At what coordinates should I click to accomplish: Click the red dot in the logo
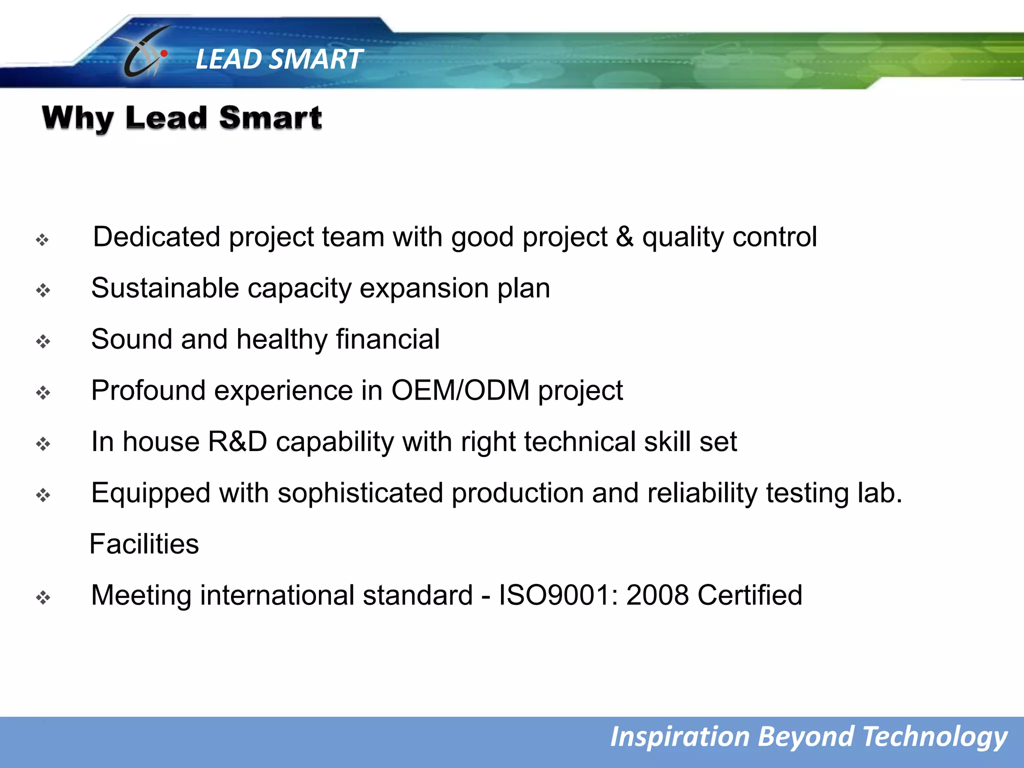(x=164, y=53)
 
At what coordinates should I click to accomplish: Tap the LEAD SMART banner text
(x=278, y=59)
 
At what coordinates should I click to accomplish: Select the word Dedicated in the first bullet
(x=156, y=236)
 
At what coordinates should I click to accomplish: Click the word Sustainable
(x=165, y=288)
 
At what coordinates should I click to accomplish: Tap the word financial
(x=388, y=339)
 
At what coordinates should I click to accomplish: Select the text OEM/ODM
(x=460, y=390)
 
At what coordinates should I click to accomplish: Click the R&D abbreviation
(x=237, y=442)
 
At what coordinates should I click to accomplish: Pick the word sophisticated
(x=360, y=493)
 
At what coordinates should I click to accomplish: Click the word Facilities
(x=144, y=544)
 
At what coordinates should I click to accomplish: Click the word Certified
(x=749, y=595)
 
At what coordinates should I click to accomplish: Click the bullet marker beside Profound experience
(x=43, y=393)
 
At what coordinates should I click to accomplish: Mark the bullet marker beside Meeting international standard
(x=43, y=597)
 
